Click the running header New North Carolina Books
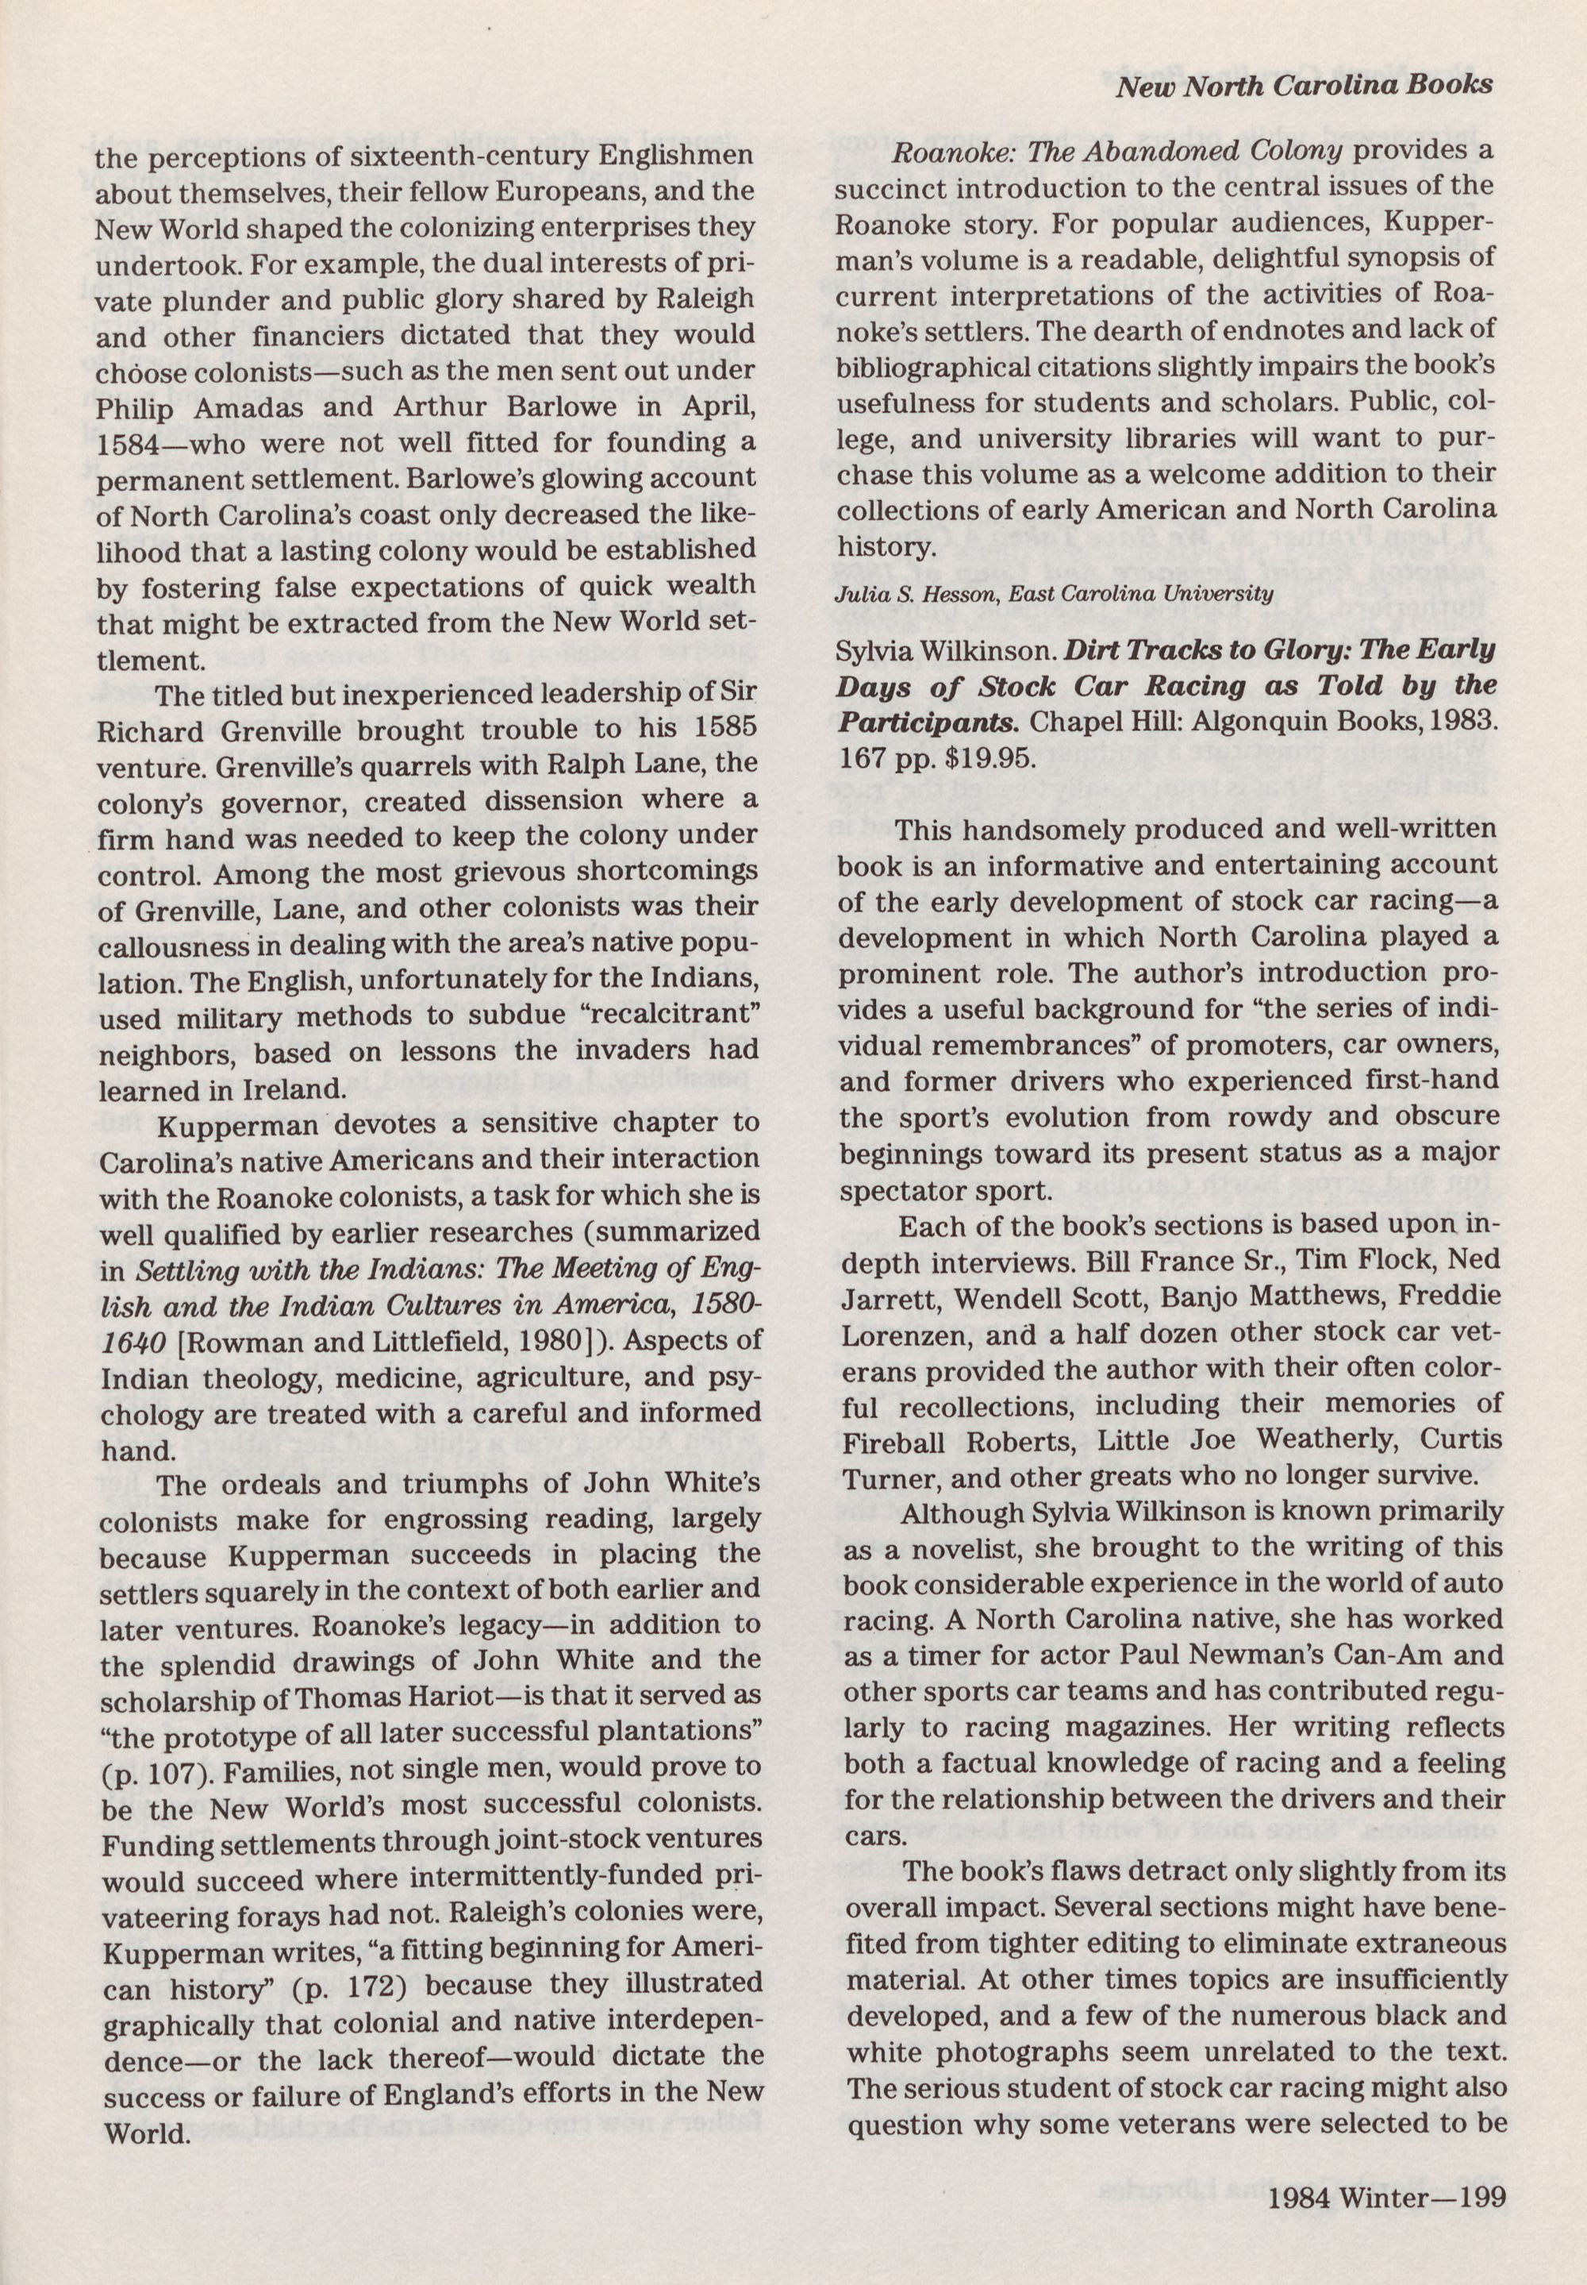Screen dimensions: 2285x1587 tap(1304, 87)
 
